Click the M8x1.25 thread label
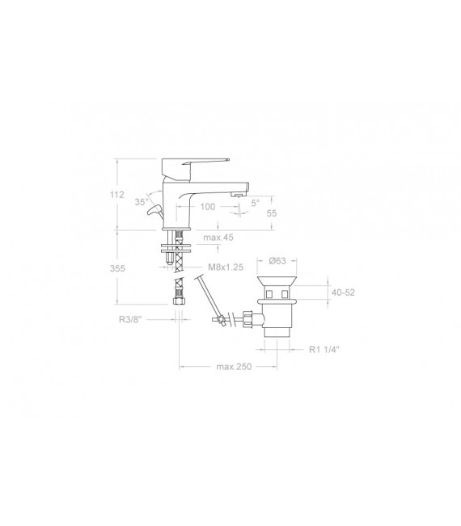[x=226, y=267]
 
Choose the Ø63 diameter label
[x=277, y=261]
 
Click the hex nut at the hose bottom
[x=179, y=302]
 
